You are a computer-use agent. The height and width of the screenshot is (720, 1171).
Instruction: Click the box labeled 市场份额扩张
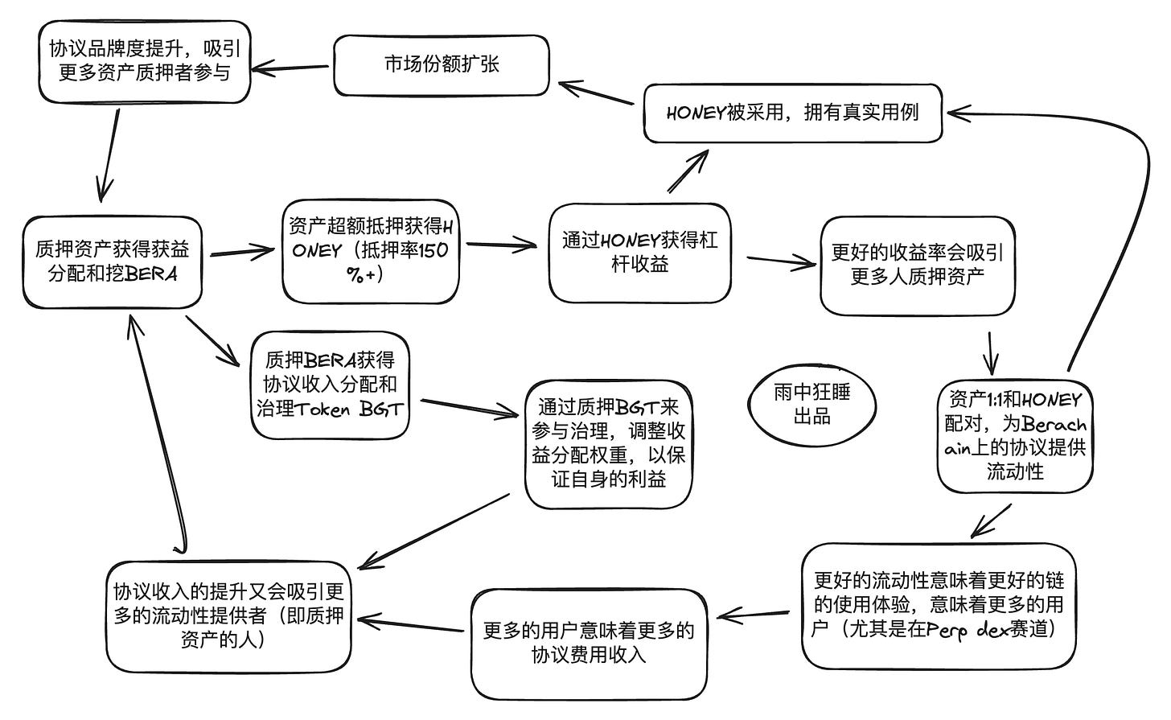coord(442,65)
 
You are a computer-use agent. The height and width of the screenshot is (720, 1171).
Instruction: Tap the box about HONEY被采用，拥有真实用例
coord(793,113)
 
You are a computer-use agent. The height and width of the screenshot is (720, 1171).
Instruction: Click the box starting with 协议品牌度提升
coord(145,61)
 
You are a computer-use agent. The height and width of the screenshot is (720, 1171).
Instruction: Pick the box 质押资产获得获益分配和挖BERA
coord(113,261)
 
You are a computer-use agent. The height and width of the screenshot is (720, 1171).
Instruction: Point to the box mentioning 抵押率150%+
coord(370,251)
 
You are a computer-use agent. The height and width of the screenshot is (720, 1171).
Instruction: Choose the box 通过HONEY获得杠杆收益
coord(640,253)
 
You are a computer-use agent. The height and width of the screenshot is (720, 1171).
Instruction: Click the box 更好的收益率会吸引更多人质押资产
coord(918,265)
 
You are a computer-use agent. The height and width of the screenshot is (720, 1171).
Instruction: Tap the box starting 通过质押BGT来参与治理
coord(609,443)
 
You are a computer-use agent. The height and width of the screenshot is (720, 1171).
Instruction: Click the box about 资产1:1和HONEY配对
coord(1015,434)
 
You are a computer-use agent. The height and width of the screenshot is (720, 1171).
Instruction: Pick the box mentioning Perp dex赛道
coord(939,605)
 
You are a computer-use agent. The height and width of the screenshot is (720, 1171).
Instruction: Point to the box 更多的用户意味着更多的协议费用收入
coord(588,642)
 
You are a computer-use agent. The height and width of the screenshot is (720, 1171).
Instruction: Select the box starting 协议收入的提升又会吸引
coord(229,615)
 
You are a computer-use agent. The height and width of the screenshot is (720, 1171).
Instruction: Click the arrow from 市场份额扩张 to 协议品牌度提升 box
coord(292,68)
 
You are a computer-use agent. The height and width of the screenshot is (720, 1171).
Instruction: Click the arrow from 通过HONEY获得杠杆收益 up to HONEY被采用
coord(688,171)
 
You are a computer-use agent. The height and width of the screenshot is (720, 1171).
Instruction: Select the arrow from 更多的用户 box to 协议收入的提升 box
coord(412,625)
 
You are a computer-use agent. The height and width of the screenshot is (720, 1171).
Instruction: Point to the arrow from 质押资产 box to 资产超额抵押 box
coord(242,252)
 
